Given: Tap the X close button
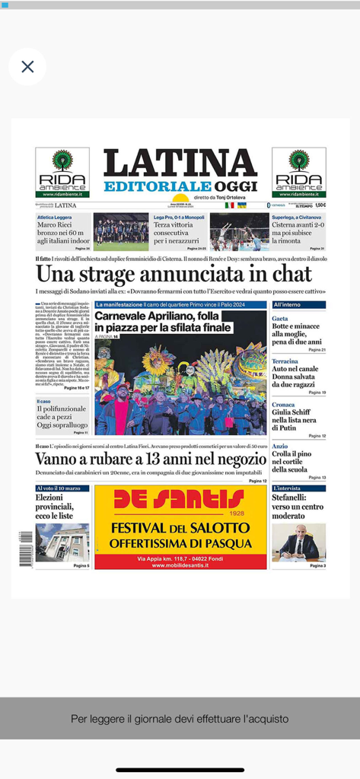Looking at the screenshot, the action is click(28, 67).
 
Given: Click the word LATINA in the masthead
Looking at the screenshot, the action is click(180, 163).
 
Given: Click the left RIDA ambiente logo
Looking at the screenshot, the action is click(62, 173).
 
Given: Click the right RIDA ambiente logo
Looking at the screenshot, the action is click(298, 173).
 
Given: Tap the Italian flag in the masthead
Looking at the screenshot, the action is click(229, 205).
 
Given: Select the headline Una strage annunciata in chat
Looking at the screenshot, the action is click(174, 274).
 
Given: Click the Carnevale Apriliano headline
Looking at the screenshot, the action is click(164, 321).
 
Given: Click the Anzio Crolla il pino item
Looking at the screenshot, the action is click(298, 459).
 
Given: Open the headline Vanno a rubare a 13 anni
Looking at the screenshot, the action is click(151, 459).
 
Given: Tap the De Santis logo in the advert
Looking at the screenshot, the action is click(180, 501).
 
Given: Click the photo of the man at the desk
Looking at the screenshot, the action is click(298, 542).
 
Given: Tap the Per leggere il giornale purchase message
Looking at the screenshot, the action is click(180, 718).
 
